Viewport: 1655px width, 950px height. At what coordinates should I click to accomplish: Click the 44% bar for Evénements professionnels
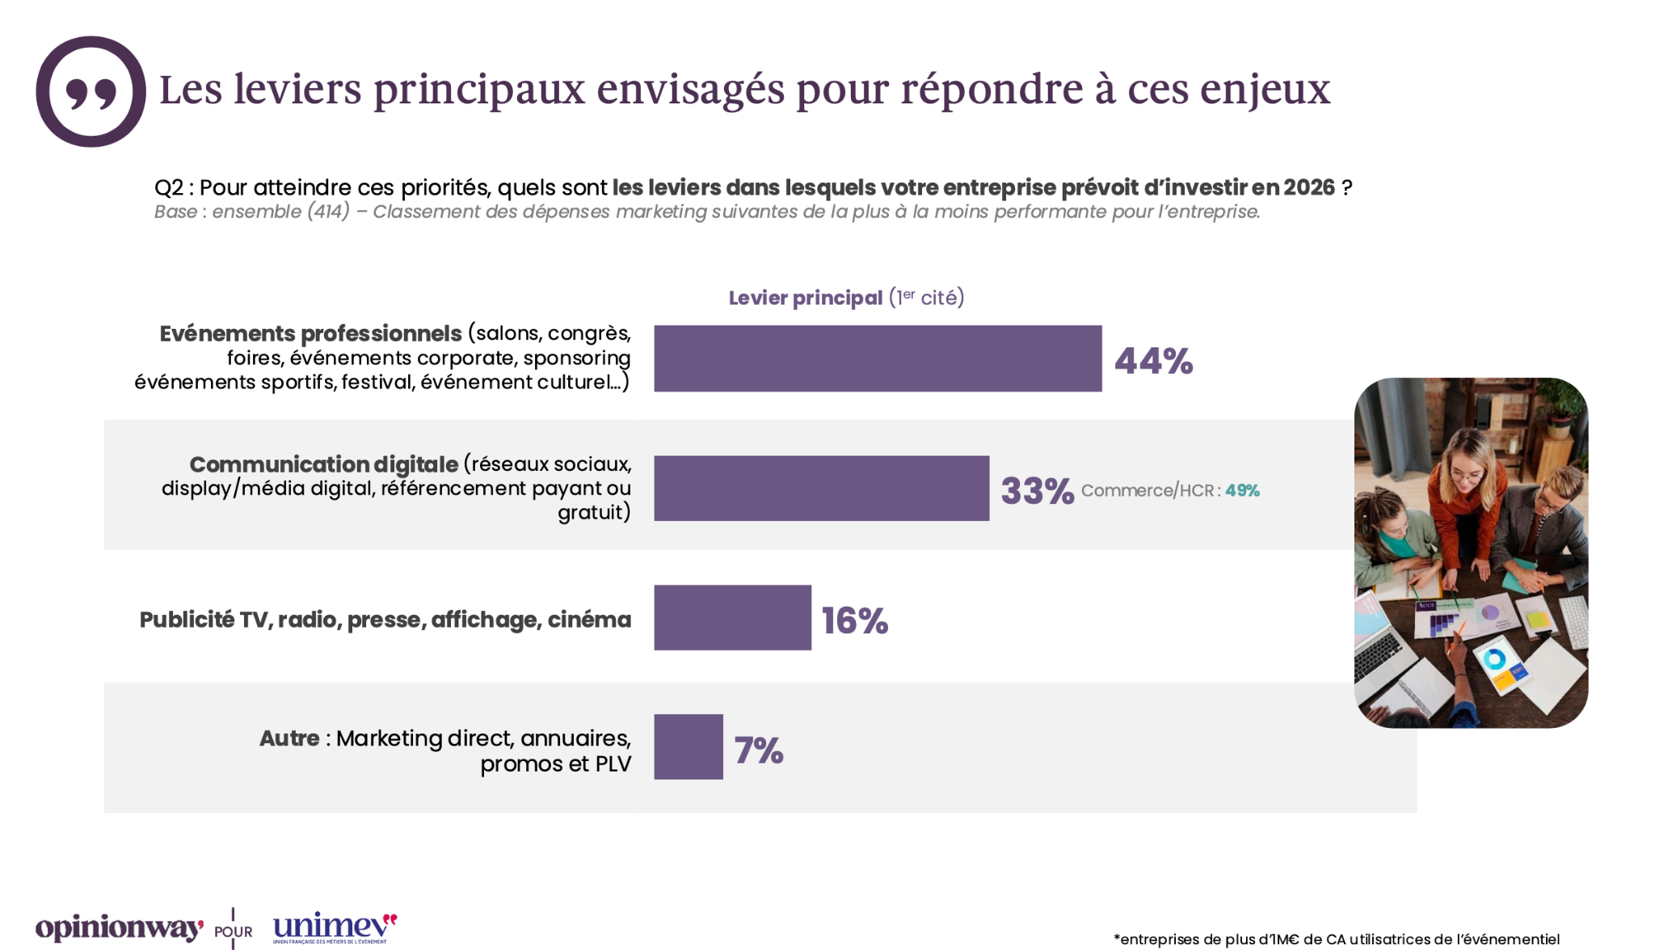[x=878, y=359]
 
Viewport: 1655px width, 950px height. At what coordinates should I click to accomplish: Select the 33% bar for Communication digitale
[x=821, y=488]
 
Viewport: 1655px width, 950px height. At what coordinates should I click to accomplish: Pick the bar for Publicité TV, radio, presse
[x=732, y=617]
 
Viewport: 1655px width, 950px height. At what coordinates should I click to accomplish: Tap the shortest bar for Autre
[x=689, y=746]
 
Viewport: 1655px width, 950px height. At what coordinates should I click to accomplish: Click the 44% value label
[x=1153, y=361]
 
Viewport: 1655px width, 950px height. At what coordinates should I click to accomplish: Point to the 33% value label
[x=1038, y=490]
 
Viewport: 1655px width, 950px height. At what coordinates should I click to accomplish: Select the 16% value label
[x=855, y=620]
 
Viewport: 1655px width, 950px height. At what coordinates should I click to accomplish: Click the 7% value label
[x=759, y=750]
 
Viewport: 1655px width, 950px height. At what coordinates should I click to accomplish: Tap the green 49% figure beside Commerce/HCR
[x=1242, y=490]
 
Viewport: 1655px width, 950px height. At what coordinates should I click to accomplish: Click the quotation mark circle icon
[x=91, y=91]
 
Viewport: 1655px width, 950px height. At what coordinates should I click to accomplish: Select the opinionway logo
[x=119, y=928]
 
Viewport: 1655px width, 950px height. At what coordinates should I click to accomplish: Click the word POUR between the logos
[x=233, y=931]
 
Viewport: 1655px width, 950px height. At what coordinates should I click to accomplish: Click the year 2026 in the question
[x=1309, y=187]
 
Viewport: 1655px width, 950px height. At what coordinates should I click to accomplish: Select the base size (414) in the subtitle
[x=328, y=212]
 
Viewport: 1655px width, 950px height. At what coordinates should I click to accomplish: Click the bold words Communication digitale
[x=323, y=464]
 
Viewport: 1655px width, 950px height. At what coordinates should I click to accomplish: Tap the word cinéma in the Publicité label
[x=589, y=620]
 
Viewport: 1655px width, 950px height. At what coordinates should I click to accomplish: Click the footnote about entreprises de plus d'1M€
[x=1337, y=939]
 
